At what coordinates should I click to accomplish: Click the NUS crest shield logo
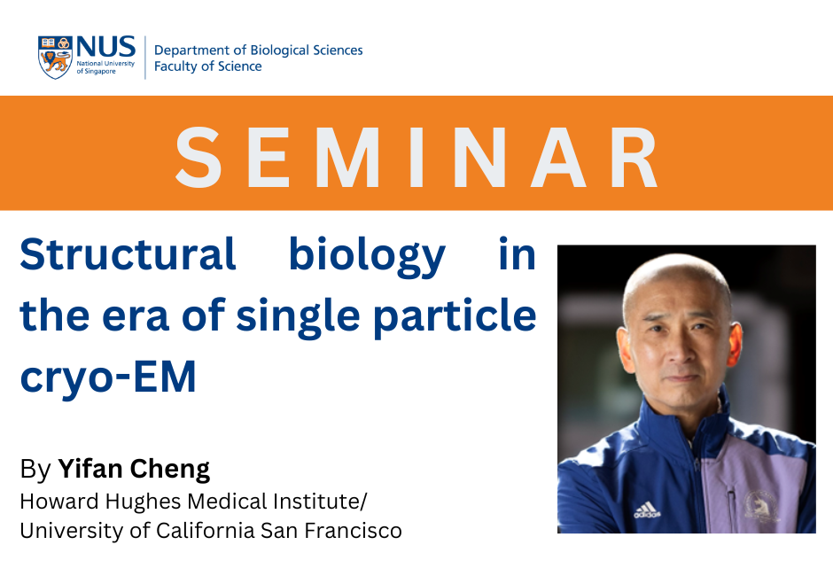click(55, 58)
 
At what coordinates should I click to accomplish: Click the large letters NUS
click(106, 47)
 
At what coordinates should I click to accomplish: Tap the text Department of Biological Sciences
click(258, 50)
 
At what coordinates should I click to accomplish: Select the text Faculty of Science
click(207, 66)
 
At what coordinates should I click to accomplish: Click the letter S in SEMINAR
click(199, 157)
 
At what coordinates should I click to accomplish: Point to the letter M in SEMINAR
click(347, 157)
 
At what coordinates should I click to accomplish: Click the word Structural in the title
click(128, 254)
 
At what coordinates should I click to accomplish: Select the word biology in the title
click(367, 257)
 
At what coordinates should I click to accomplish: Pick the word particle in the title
click(455, 316)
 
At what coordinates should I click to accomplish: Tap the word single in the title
click(299, 318)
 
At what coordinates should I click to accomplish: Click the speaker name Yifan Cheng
click(134, 470)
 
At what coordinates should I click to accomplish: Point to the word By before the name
click(35, 470)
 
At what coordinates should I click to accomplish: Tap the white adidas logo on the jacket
click(647, 510)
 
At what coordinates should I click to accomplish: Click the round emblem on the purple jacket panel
click(760, 505)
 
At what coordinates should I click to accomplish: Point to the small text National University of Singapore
click(105, 67)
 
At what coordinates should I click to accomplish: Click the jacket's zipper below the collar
click(697, 479)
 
